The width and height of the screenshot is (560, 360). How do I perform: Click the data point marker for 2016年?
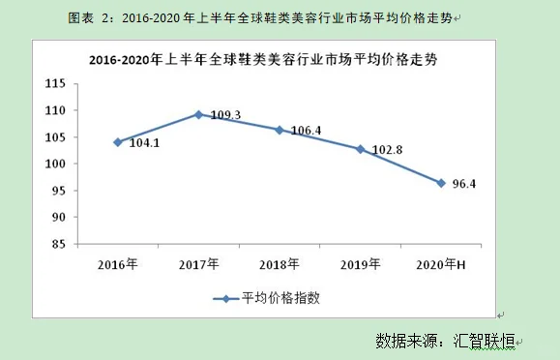coord(117,142)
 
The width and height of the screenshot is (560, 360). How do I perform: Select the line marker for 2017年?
coord(198,114)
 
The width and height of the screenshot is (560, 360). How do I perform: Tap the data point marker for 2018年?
coord(280,130)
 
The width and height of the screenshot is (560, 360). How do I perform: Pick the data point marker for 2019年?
coord(360,149)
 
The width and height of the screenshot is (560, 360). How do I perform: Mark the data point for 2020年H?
coord(441,183)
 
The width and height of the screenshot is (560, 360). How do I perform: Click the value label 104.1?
coord(143,143)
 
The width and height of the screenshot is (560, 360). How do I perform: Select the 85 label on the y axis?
coord(69,245)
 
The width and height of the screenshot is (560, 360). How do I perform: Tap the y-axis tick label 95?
coord(69,192)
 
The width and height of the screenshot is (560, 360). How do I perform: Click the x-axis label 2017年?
coord(198,264)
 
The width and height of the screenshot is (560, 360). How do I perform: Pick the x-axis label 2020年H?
coord(441,264)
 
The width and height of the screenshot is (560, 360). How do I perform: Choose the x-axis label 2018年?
coord(280,264)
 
